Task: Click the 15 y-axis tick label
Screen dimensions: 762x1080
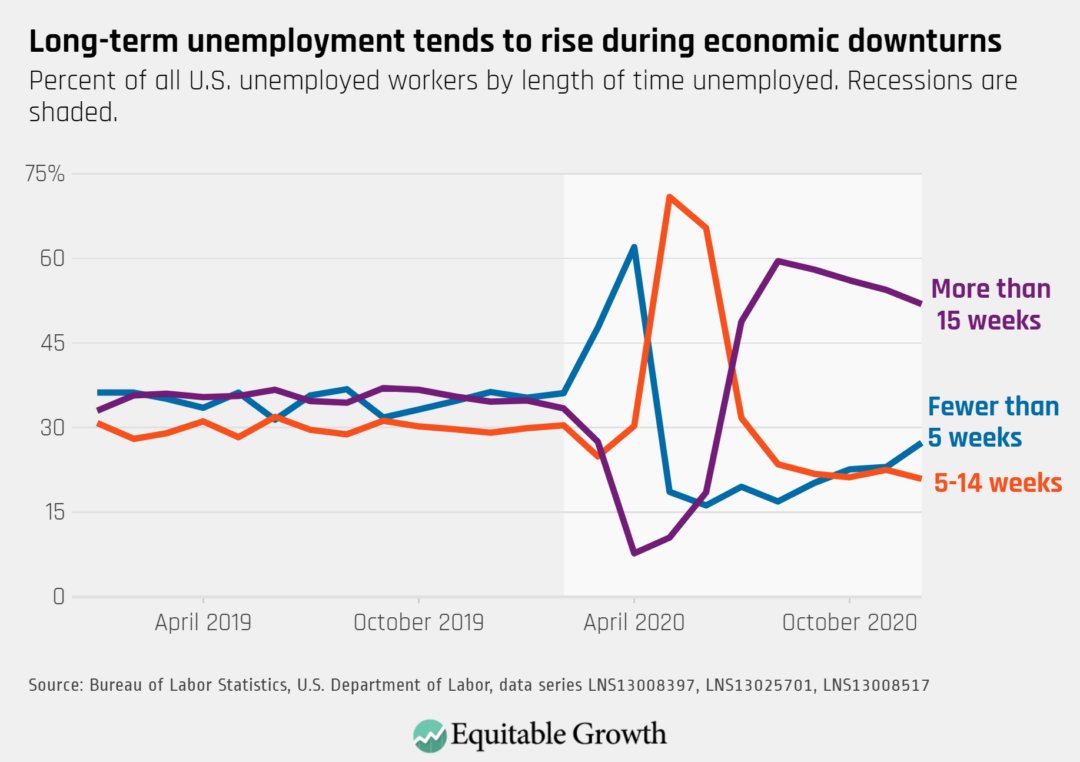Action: click(x=51, y=512)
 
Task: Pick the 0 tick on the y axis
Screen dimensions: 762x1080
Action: click(x=58, y=597)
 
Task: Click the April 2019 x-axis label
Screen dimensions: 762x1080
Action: click(x=203, y=622)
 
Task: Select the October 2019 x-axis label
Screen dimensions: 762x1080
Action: click(x=418, y=622)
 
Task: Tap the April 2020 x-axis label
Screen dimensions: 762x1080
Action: click(x=634, y=622)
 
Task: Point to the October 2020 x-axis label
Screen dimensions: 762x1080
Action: click(x=849, y=622)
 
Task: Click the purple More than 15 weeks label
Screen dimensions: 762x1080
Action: click(x=990, y=305)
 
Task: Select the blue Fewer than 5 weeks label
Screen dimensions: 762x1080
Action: click(x=992, y=422)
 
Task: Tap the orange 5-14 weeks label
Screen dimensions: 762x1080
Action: click(x=997, y=483)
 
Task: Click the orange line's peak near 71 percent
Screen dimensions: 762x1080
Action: click(x=669, y=197)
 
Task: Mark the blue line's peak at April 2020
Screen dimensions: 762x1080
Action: click(x=634, y=247)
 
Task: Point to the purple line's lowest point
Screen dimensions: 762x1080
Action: click(x=634, y=553)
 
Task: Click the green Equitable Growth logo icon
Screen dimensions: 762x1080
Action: click(x=429, y=735)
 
